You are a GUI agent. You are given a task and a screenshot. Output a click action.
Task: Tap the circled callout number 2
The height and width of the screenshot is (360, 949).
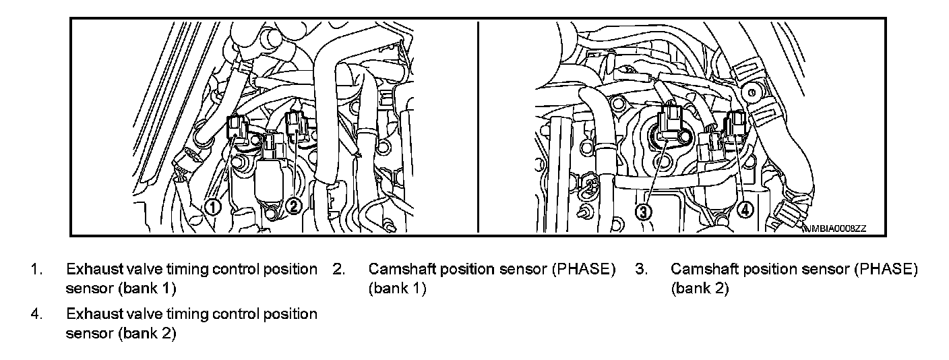[x=293, y=206]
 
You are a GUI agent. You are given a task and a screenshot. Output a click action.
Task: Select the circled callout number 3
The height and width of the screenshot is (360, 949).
[x=644, y=212]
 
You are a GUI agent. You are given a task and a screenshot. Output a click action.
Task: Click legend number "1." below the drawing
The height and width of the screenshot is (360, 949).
[x=36, y=270]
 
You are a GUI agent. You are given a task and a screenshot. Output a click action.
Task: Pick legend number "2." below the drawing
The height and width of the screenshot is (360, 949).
[x=339, y=270]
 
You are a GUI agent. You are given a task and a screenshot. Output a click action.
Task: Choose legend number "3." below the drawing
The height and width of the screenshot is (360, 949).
[x=641, y=270]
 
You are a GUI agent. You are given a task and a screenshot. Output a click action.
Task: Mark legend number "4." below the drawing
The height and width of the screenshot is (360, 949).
[x=36, y=314]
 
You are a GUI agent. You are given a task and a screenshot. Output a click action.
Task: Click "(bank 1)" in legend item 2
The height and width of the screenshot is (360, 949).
[x=397, y=289]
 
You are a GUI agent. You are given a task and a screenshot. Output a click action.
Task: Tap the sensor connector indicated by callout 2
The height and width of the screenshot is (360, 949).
[x=297, y=125]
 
